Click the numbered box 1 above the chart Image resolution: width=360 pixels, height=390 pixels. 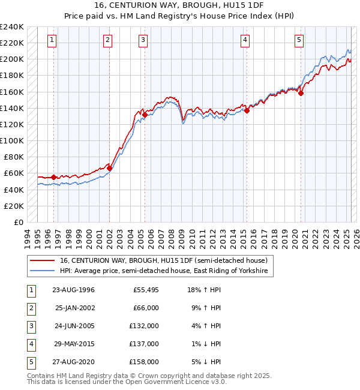[x=53, y=40]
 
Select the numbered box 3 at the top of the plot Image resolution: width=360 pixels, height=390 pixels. [x=143, y=40]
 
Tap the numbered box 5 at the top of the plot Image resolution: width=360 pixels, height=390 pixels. [x=299, y=40]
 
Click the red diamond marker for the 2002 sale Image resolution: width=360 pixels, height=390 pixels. [x=109, y=169]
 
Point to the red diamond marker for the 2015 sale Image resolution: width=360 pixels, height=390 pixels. [x=247, y=110]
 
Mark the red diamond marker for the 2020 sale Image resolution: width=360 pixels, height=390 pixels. [x=301, y=93]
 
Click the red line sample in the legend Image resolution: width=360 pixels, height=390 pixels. [x=43, y=260]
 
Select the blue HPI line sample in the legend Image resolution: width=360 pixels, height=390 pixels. [x=43, y=271]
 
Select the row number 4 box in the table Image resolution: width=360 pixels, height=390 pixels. [x=31, y=344]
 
